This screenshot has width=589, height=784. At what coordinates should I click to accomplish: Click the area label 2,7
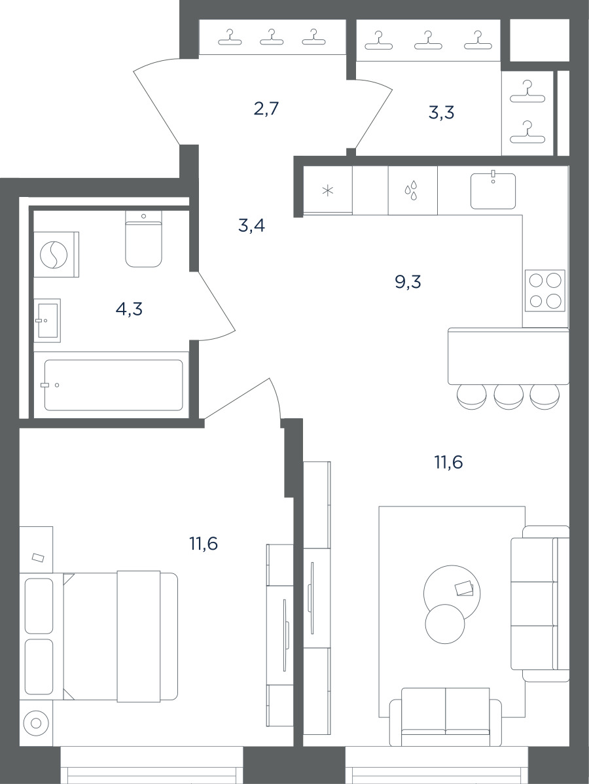266,109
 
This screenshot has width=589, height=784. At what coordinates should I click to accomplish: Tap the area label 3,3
442,113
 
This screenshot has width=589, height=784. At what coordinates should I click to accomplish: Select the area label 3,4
251,226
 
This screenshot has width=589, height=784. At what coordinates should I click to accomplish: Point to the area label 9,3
408,283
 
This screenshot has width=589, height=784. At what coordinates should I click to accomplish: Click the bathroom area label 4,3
129,310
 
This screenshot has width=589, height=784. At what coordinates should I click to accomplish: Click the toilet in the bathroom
144,238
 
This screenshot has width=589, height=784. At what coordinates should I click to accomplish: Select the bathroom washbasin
47,321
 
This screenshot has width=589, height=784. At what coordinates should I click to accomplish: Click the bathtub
113,385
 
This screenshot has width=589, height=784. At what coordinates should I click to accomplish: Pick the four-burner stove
545,290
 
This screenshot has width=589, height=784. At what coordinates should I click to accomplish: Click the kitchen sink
493,190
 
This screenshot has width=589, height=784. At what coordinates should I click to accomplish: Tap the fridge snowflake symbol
327,190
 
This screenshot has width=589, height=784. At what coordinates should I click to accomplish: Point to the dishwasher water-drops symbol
411,192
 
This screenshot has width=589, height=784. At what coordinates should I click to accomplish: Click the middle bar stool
509,397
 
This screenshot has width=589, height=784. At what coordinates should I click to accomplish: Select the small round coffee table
445,624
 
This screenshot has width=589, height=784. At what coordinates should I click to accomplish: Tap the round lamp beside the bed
35,722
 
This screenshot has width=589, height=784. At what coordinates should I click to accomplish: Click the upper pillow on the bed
39,605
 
